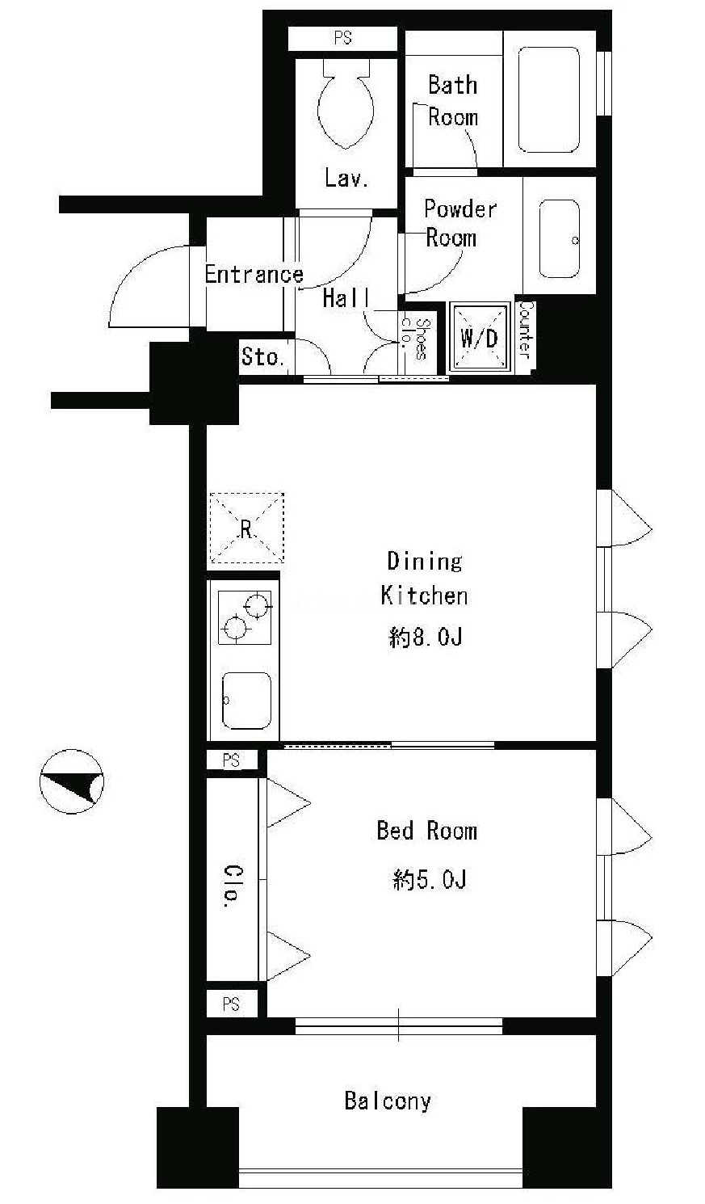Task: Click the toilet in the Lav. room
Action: pos(346,101)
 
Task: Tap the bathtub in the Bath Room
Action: pos(549,99)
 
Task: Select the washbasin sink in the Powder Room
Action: pos(559,238)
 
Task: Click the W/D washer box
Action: pos(480,337)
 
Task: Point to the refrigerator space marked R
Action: pos(246,528)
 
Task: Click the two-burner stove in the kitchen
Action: pos(245,617)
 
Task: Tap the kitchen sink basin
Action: pos(246,701)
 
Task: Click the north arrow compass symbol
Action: pos(71,781)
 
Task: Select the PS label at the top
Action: pos(342,38)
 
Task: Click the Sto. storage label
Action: pos(262,356)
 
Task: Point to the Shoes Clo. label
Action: pos(416,338)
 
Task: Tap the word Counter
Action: pos(525,330)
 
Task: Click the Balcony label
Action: pos(388,1101)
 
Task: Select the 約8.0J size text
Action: pos(425,638)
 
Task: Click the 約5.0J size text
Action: pos(429,880)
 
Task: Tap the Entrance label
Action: pos(254,274)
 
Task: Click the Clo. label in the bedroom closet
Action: pos(233,886)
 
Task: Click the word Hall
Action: pos(346,298)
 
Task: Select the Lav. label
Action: pos(346,178)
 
